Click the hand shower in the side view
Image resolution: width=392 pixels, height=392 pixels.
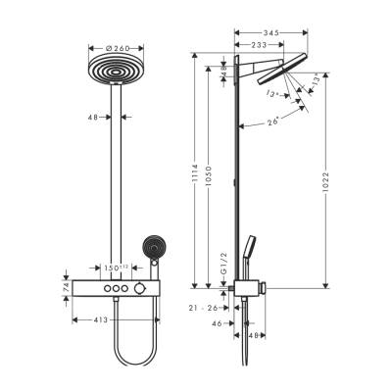tap(256, 251)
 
